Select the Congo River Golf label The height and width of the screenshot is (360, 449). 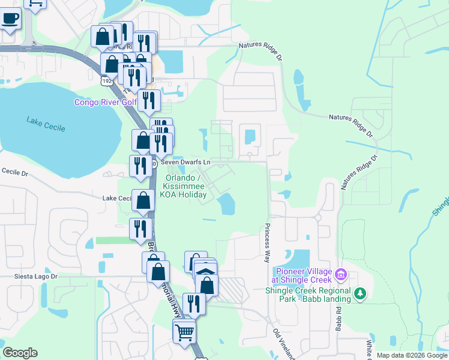pos(105,102)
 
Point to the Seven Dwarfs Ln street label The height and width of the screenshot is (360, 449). pos(185,163)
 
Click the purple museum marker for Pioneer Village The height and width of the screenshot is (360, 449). pos(341,275)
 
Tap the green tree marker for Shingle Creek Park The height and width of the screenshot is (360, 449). pos(360,294)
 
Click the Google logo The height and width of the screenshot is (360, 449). pos(20,353)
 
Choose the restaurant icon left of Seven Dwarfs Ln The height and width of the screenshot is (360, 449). pos(140,166)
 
